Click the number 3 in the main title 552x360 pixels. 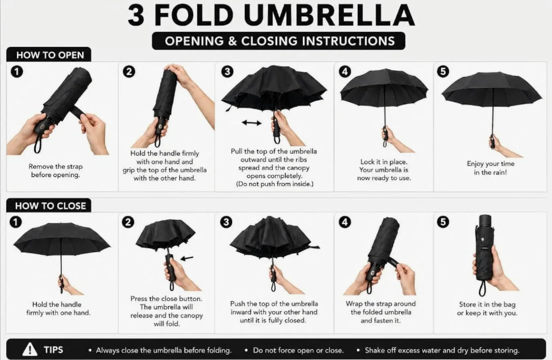coord(136,15)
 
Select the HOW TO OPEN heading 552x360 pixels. coord(50,55)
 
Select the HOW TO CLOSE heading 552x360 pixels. coord(50,206)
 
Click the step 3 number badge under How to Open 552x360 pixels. coord(227,72)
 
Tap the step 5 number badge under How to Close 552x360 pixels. coord(443,222)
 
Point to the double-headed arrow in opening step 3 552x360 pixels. coord(251,123)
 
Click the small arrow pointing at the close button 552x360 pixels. coord(187,258)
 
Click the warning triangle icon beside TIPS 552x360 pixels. coord(30,349)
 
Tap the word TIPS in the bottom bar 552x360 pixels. coord(54,350)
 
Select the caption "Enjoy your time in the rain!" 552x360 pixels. coord(490,168)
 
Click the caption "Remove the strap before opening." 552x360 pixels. coord(56,170)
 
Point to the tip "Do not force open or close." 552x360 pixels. coord(298,350)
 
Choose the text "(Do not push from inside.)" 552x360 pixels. coord(274,184)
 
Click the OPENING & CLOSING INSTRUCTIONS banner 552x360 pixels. coord(279,41)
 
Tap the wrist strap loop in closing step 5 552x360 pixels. coord(482,288)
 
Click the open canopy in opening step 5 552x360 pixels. coord(492,87)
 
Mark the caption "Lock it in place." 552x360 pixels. coord(383,162)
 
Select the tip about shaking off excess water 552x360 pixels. coord(442,350)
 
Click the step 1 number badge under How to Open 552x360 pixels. coord(17,72)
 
